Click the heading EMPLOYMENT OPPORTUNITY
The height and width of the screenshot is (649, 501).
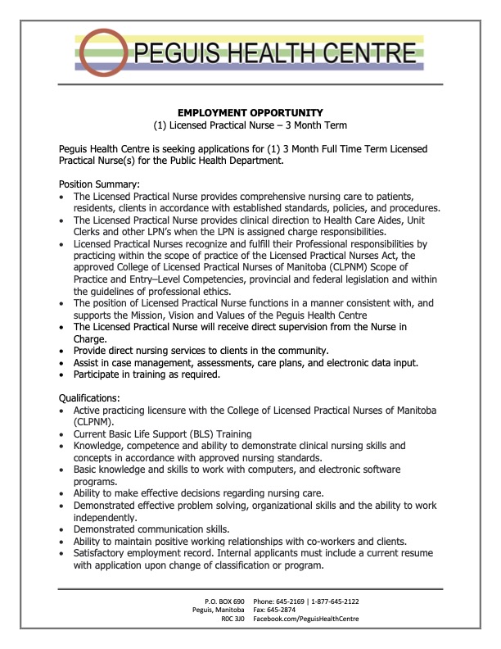250,112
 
